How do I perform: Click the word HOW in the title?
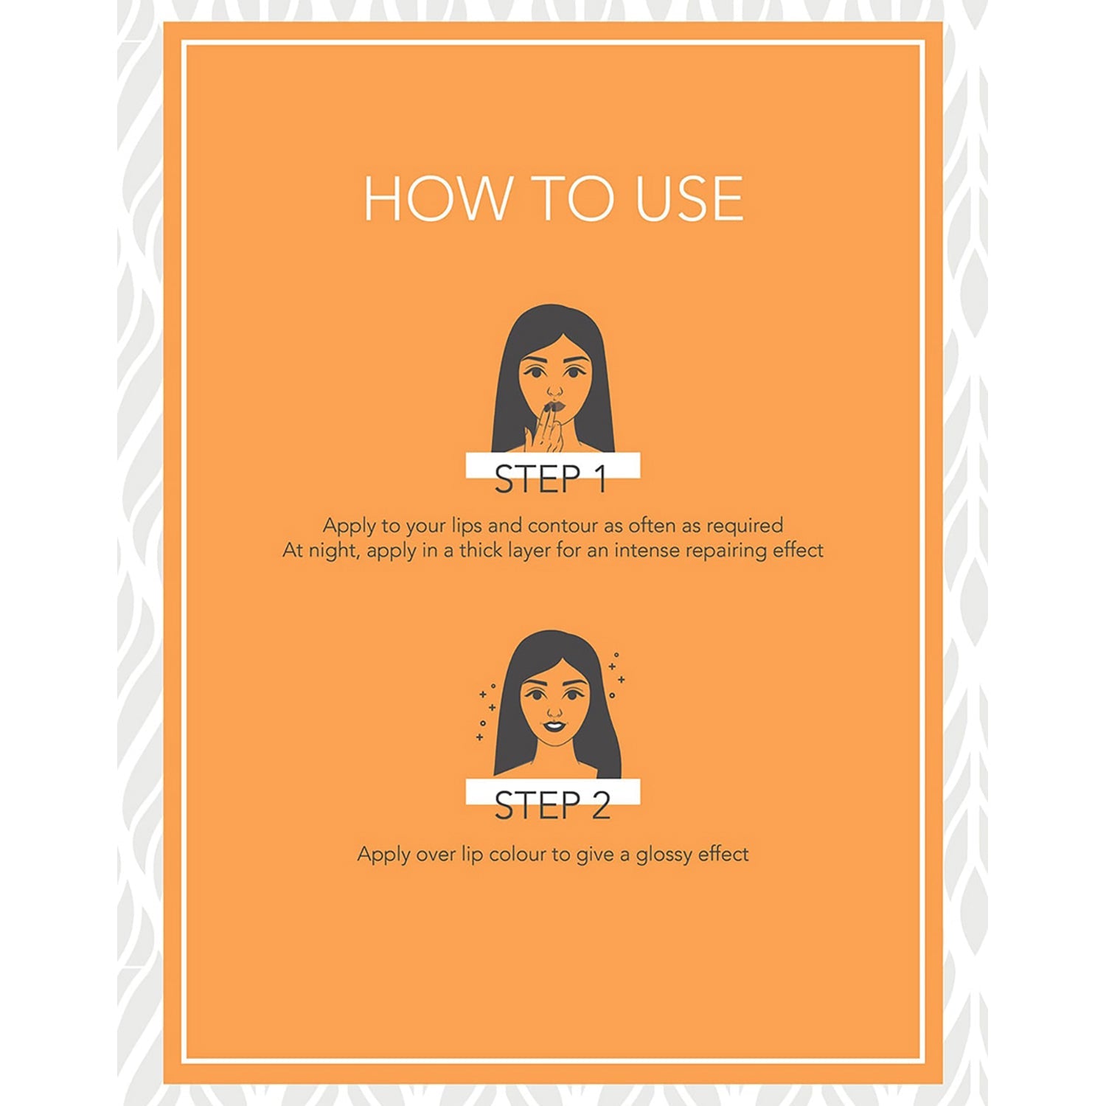(437, 198)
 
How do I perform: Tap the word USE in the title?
(689, 198)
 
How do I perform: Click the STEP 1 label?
(551, 479)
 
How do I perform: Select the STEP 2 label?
(552, 805)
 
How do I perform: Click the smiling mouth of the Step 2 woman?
(554, 726)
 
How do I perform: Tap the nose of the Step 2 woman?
(554, 711)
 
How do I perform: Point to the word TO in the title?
(572, 198)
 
